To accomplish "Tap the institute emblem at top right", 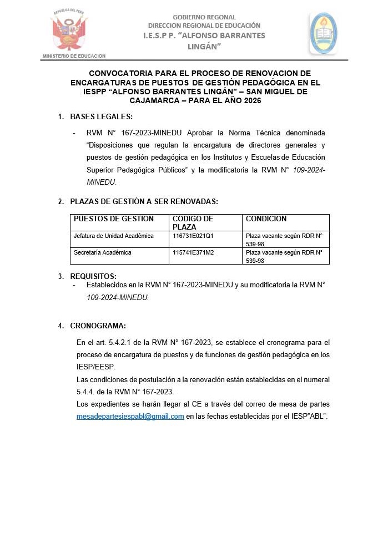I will click(323, 33).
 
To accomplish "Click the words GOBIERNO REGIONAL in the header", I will click(204, 17).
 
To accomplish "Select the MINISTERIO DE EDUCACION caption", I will click(74, 56).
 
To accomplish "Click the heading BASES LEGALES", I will click(101, 116).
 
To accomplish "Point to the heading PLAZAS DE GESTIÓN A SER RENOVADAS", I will click(144, 201).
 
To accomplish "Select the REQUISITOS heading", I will click(93, 276).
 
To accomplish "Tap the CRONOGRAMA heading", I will click(98, 326).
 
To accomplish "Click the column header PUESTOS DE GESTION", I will click(114, 219).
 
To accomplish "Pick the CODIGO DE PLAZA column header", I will click(193, 222).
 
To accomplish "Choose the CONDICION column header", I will click(266, 219).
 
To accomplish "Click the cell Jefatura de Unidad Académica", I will click(114, 236).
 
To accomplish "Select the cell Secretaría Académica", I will click(103, 252).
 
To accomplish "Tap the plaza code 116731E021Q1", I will click(193, 236).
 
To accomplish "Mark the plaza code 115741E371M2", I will click(193, 252).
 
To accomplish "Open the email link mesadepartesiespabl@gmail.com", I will click(130, 417).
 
